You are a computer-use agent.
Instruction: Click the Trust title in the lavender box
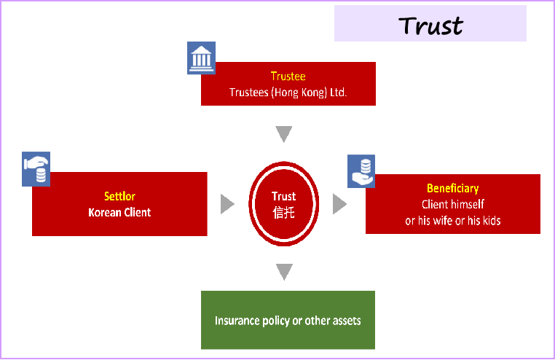pos(430,25)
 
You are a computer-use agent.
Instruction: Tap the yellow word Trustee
pos(288,76)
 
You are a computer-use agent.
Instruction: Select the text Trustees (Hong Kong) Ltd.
pos(288,93)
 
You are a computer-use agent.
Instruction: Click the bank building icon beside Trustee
pos(201,58)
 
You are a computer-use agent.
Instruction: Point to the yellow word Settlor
pos(119,196)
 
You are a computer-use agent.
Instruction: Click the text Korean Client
pos(119,213)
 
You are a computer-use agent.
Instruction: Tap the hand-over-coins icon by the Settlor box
pos(36,169)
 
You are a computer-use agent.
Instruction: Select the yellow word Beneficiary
pos(452,189)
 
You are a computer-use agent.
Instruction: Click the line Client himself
pos(452,204)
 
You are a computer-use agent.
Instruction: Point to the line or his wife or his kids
pos(452,220)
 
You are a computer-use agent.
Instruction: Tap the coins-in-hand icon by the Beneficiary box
pos(361,171)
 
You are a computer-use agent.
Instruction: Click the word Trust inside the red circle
pos(283,196)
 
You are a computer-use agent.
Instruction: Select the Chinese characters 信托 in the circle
pos(283,212)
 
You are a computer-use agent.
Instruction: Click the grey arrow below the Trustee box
pos(284,134)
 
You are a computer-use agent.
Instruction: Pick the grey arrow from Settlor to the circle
pos(228,204)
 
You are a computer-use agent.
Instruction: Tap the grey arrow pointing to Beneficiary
pos(339,204)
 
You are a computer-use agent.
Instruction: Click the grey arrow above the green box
pos(284,272)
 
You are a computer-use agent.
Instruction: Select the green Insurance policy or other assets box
pos(288,320)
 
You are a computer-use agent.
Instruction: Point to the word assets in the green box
pos(345,321)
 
